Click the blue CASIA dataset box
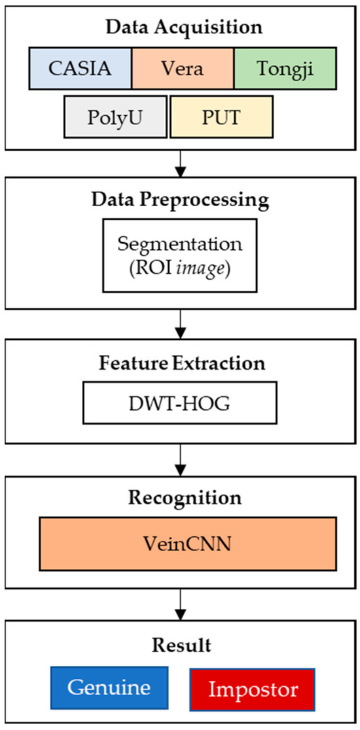(x=81, y=69)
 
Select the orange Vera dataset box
(x=183, y=69)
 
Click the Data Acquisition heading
(x=179, y=28)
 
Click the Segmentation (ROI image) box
(x=179, y=253)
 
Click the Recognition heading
(x=179, y=497)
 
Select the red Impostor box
(x=252, y=689)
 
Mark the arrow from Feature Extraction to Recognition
(x=179, y=460)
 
